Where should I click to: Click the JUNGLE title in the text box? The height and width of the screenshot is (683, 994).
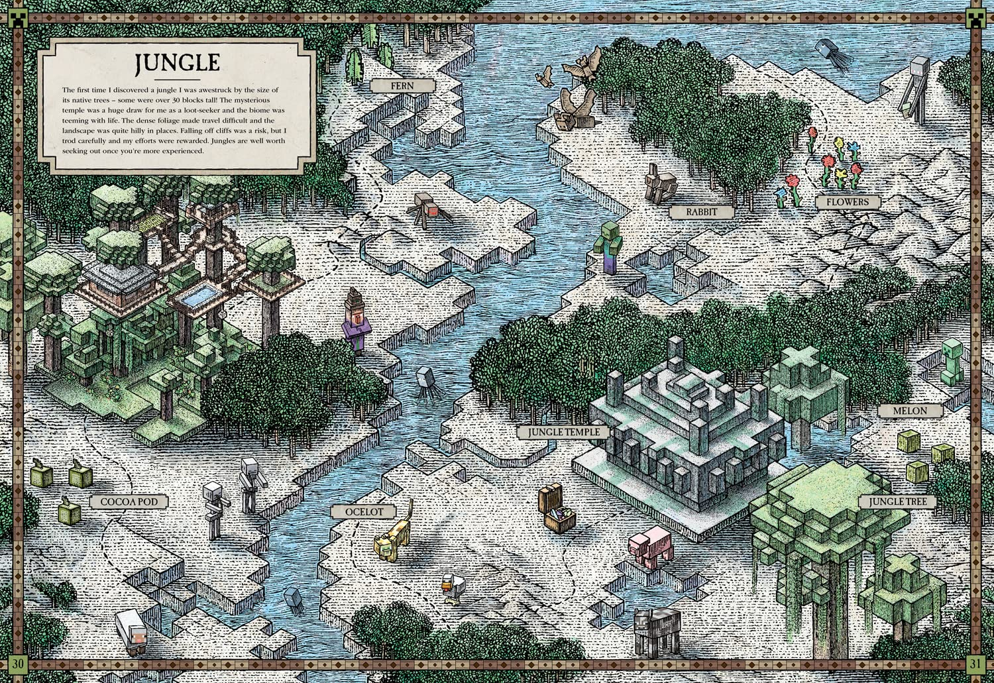(x=177, y=63)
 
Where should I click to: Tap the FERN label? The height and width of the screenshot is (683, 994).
(x=402, y=85)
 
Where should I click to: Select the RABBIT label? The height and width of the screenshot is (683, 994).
(x=701, y=212)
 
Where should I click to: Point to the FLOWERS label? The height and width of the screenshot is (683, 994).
(x=847, y=202)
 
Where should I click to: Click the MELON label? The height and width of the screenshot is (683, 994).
(x=910, y=411)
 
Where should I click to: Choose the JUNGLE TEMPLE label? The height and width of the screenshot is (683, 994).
(x=564, y=432)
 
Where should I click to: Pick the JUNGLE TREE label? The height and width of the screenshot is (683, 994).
(x=898, y=501)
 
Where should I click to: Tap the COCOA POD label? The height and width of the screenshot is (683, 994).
(x=129, y=501)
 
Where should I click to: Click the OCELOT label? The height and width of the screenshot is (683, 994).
(x=364, y=512)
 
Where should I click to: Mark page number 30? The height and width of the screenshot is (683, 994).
(x=17, y=663)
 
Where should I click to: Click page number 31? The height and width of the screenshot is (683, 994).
(x=975, y=663)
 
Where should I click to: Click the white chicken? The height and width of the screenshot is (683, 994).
(x=453, y=588)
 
